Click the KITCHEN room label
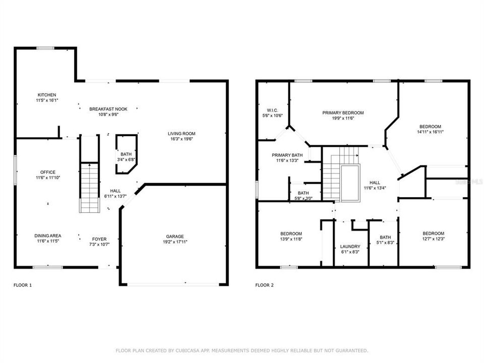click(x=47, y=95)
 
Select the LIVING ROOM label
click(x=181, y=134)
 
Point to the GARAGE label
click(x=175, y=236)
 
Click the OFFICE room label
click(x=48, y=172)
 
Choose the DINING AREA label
click(x=48, y=236)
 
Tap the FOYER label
click(x=99, y=239)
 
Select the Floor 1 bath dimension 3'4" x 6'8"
click(x=126, y=160)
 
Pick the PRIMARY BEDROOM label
click(x=343, y=113)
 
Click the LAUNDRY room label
click(x=350, y=247)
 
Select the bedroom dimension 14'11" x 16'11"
click(x=430, y=132)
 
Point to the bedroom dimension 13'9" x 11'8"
click(x=291, y=239)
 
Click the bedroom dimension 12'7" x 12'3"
click(x=433, y=239)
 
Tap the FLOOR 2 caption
click(x=265, y=285)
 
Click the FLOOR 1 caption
click(x=23, y=285)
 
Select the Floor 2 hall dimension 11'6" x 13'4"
click(x=375, y=188)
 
